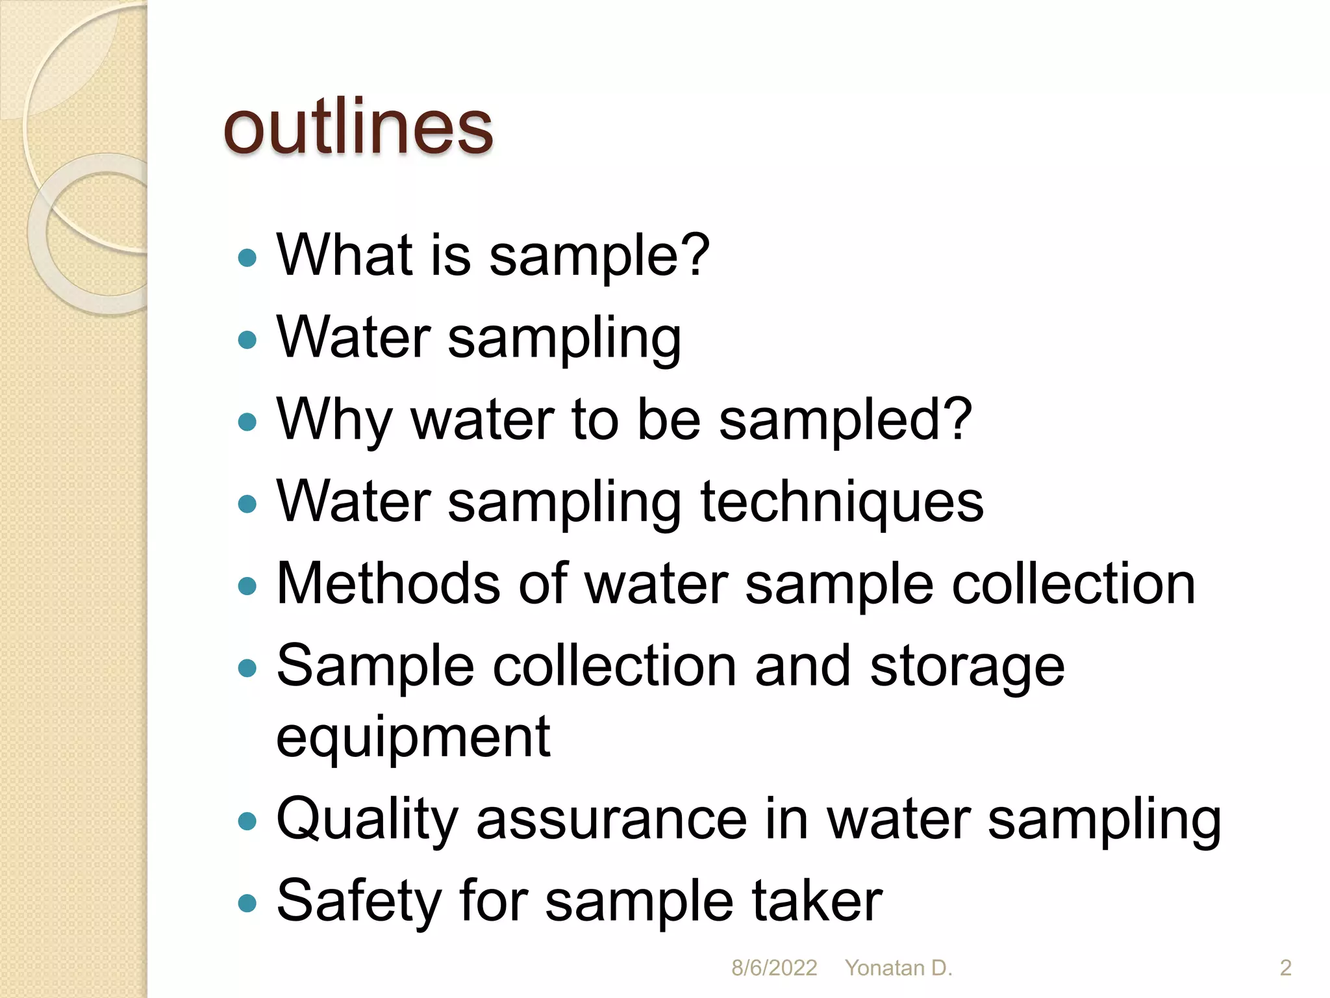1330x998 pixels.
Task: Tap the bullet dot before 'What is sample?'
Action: [x=247, y=258]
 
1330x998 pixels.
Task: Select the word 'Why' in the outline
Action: [x=334, y=421]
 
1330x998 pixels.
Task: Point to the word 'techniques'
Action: [x=842, y=503]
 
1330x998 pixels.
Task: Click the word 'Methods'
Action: [x=389, y=583]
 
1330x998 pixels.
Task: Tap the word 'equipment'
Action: [x=413, y=738]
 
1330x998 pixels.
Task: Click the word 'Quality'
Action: [x=367, y=820]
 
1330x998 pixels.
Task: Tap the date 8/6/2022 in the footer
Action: [x=774, y=968]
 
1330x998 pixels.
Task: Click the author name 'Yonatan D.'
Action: [x=898, y=968]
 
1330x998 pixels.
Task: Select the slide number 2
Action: [x=1285, y=968]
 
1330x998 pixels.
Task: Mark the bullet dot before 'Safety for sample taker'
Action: [x=247, y=903]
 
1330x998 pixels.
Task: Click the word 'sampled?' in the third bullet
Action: [x=846, y=421]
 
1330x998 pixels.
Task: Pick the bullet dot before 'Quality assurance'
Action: [x=247, y=822]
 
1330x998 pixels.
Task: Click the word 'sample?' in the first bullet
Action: [x=599, y=256]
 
